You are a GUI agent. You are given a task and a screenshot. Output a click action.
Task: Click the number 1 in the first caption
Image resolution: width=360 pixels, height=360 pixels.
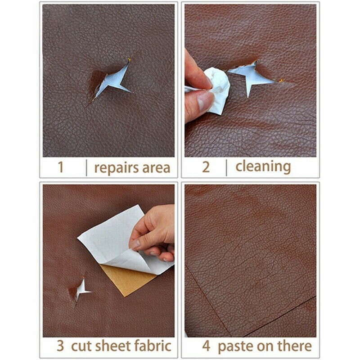click(x=61, y=167)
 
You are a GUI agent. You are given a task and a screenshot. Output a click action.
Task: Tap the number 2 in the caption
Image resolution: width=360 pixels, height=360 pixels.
click(x=206, y=167)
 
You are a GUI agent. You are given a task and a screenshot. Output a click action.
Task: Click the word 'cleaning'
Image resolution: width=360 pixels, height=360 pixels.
click(x=263, y=167)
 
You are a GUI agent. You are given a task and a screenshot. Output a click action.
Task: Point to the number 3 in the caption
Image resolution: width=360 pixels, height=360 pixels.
click(x=60, y=346)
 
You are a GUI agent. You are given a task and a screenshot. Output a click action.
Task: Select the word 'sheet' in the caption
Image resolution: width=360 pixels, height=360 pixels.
click(x=114, y=346)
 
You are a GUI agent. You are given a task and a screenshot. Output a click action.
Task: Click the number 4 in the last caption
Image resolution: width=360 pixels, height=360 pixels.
click(x=206, y=346)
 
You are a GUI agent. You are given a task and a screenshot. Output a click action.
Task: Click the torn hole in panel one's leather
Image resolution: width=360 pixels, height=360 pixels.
click(x=110, y=81)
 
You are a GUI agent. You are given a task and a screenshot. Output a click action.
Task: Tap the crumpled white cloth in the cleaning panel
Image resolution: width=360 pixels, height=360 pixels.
click(x=216, y=88)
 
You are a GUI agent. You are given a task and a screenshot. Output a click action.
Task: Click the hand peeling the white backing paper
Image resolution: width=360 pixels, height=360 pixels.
click(x=155, y=229)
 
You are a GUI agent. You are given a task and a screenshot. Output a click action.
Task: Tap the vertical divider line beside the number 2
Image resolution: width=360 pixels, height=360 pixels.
click(x=226, y=167)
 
